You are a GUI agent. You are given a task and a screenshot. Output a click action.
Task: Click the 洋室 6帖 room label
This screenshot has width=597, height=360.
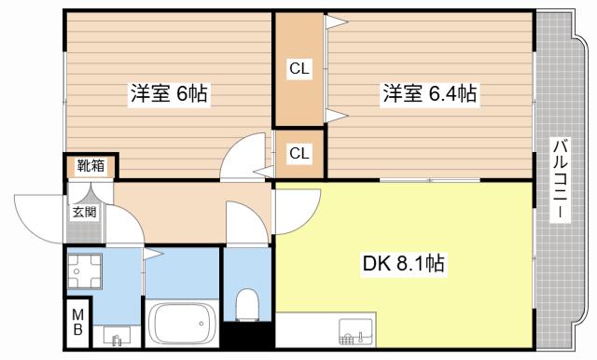pos(169,93)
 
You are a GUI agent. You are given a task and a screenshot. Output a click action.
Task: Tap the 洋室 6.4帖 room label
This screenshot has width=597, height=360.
pos(429,93)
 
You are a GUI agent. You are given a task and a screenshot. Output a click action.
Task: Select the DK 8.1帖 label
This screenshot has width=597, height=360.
pos(404,263)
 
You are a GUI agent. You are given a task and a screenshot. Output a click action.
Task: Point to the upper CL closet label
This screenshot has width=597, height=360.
pos(299,69)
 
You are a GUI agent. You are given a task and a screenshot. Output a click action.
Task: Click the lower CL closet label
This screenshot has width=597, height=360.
pos(299,153)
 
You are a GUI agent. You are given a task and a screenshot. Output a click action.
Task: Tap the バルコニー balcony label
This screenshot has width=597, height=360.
pos(561,179)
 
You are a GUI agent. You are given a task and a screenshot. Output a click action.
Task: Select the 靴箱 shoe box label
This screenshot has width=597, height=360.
pos(90,165)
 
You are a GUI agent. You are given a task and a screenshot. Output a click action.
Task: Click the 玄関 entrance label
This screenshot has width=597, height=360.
pos(85,212)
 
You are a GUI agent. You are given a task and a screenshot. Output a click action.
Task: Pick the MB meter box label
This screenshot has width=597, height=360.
pos(77,322)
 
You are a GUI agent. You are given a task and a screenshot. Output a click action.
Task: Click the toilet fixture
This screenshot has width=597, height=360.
pos(247,304)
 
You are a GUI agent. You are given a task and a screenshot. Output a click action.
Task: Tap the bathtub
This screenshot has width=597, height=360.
pos(181,324)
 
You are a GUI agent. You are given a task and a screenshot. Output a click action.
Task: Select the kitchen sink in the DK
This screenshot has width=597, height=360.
pos(355,332)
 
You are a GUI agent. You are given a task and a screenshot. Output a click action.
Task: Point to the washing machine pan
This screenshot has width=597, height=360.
pos(85,271)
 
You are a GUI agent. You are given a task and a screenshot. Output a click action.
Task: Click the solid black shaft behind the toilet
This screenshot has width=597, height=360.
pos(248,335)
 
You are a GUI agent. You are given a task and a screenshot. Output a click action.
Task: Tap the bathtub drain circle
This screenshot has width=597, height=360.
pos(201,324)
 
